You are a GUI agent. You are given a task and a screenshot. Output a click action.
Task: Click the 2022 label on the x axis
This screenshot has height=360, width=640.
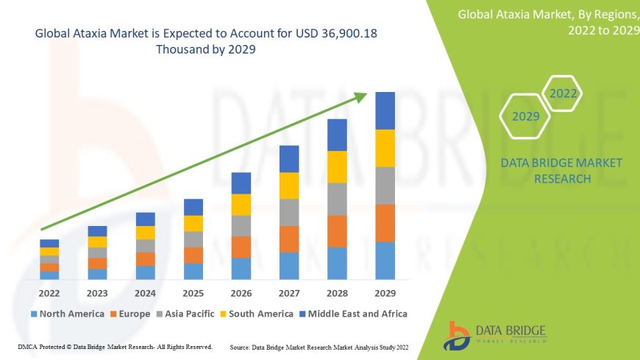[49, 292]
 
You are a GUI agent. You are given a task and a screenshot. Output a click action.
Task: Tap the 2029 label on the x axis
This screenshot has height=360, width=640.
[385, 292]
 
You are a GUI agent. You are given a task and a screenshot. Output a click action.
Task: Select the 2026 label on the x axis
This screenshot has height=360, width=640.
[241, 292]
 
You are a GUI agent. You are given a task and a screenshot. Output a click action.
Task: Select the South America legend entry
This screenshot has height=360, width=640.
[257, 314]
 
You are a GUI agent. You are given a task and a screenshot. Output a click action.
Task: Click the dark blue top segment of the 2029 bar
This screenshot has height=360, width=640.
[385, 110]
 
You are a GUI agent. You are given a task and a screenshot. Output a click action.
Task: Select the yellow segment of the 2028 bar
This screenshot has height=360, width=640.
[337, 166]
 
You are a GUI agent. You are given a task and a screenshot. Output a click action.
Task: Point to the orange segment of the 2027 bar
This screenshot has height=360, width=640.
[289, 239]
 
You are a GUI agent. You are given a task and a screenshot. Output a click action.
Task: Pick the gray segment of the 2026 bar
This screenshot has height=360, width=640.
[241, 225]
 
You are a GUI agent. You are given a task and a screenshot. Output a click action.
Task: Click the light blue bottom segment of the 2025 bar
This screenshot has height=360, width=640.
[193, 271]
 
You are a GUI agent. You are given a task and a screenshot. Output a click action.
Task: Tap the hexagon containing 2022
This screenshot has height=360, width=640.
[563, 94]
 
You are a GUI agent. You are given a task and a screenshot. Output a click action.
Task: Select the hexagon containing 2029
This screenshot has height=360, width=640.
[525, 116]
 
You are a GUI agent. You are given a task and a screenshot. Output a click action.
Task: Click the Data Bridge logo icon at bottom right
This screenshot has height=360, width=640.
[458, 334]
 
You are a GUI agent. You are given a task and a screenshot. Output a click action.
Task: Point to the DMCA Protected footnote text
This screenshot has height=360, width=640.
[115, 346]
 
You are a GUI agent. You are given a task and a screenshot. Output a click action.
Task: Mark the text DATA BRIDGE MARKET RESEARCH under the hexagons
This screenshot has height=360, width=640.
[561, 171]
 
